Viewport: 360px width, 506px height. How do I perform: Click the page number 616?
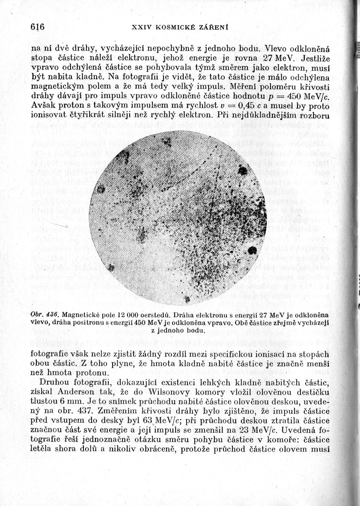[x=38, y=26]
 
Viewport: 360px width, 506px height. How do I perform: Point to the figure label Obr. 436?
[x=45, y=314]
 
